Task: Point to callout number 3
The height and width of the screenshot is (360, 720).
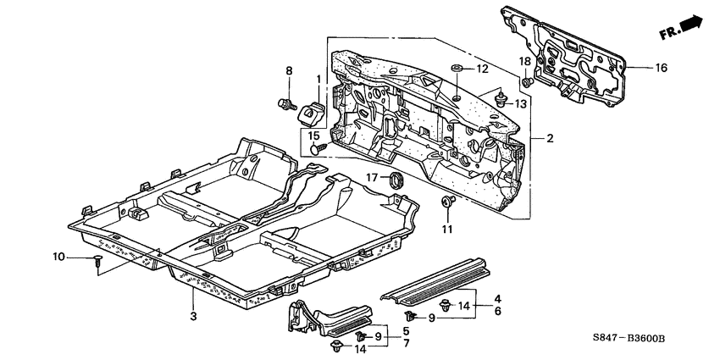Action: pos(193,316)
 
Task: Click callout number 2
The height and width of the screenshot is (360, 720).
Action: pos(549,138)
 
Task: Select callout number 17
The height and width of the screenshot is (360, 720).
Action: pos(371,177)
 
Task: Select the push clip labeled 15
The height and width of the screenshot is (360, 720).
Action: pos(318,148)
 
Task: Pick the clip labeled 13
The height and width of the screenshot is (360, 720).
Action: pos(501,99)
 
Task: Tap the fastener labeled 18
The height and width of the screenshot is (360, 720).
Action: pos(527,82)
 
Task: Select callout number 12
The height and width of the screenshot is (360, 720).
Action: pos(481,68)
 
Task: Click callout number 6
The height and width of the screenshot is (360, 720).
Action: pos(498,312)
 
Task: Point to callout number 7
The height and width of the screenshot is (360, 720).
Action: pos(405,344)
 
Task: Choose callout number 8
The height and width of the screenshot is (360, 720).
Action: pos(288,71)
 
